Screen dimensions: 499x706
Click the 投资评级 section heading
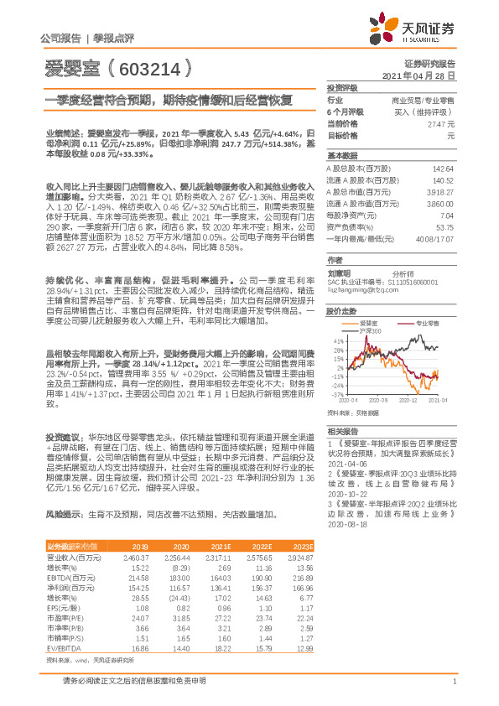coord(341,87)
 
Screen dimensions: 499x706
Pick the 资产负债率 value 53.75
coord(444,226)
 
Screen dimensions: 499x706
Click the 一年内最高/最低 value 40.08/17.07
coord(436,238)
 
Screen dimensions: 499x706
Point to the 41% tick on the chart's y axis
coord(338,342)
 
